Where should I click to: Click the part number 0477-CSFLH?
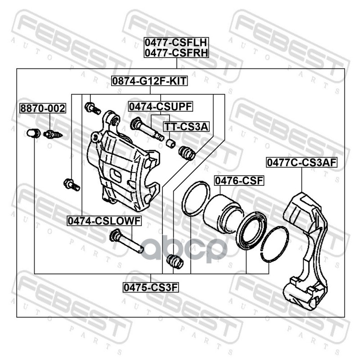(x=176, y=42)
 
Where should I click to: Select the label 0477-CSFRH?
(x=176, y=53)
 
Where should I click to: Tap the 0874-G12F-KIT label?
(x=149, y=81)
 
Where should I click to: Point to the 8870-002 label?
(x=43, y=108)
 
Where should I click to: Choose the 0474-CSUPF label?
(x=161, y=107)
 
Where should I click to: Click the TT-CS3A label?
(x=186, y=126)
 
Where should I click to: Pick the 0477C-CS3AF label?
(x=301, y=162)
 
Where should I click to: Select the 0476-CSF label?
(x=239, y=181)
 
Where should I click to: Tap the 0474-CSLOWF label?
(x=104, y=221)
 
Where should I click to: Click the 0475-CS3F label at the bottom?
(x=151, y=287)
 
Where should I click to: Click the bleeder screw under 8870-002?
(x=53, y=134)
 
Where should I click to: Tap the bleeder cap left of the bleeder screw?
(x=33, y=133)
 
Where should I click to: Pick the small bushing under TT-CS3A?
(x=171, y=143)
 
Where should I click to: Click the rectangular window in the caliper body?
(x=116, y=175)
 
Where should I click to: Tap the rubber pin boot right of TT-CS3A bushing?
(x=187, y=153)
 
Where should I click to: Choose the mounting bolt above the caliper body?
(x=93, y=108)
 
